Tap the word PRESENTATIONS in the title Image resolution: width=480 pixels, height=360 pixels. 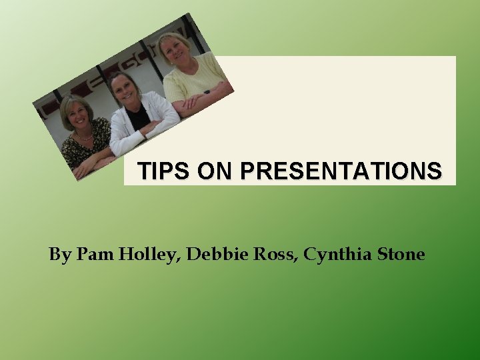tap(341, 171)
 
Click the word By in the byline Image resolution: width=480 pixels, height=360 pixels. tap(60, 255)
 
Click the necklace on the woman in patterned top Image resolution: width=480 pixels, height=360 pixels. tap(85, 136)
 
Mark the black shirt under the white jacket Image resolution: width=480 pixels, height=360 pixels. tap(138, 119)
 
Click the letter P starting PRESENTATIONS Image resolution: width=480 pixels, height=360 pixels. tap(248, 171)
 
